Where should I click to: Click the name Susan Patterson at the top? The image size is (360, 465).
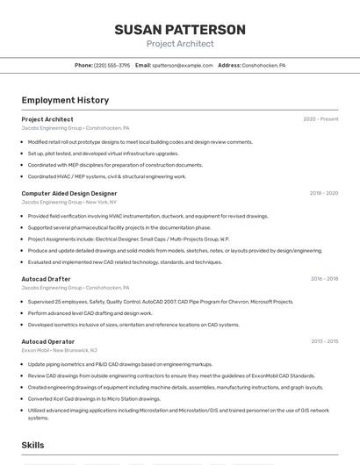[179, 30]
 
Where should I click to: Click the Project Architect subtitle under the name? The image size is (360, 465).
[179, 44]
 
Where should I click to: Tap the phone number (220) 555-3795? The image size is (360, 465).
[112, 65]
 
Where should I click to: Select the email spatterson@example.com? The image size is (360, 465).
[183, 65]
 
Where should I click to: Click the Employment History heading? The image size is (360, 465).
[65, 100]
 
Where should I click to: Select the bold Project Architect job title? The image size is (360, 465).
[47, 119]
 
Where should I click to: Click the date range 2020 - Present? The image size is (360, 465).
[320, 119]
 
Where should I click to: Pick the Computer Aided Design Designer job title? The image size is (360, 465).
[68, 193]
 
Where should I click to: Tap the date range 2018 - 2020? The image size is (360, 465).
[323, 193]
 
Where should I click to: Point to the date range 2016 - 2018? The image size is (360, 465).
[323, 278]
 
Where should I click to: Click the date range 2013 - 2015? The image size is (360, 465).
[323, 341]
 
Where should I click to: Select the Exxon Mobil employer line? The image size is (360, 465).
[64, 350]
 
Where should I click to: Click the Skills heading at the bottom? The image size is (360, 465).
[32, 445]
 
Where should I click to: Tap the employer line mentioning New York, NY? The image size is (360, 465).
[68, 202]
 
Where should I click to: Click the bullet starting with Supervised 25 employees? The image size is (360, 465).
[160, 302]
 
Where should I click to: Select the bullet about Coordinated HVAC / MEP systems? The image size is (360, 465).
[107, 176]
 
